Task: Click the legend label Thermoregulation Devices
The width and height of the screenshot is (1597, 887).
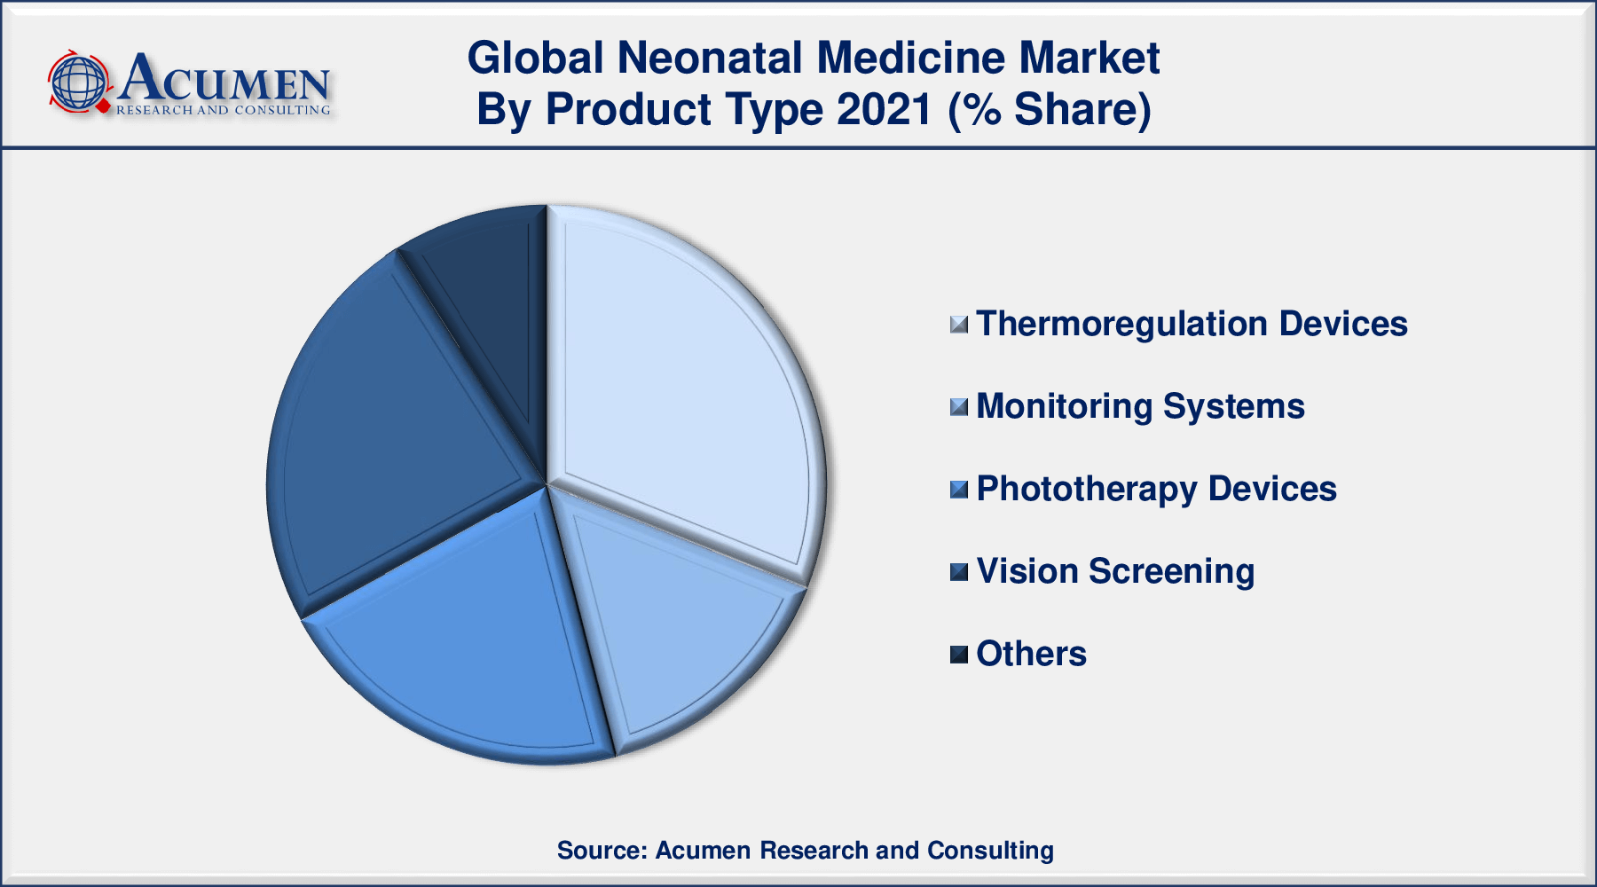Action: click(x=1192, y=324)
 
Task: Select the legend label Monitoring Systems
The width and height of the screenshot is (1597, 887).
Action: click(x=1140, y=406)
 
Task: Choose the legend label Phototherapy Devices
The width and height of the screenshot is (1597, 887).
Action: click(x=1156, y=489)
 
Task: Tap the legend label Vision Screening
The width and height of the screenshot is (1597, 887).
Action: click(x=1115, y=571)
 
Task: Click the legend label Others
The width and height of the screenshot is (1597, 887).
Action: click(x=1031, y=654)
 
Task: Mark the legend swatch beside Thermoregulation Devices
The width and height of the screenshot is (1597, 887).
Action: click(x=958, y=325)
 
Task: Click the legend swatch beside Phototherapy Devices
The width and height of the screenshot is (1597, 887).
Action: click(x=958, y=490)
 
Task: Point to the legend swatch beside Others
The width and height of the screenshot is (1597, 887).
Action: click(x=958, y=655)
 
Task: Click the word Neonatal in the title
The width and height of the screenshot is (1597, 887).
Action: click(x=711, y=58)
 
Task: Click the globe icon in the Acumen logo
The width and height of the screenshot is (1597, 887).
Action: click(x=78, y=82)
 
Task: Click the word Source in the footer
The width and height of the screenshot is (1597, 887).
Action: click(x=600, y=850)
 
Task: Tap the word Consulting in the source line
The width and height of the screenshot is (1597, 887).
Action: click(x=990, y=851)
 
